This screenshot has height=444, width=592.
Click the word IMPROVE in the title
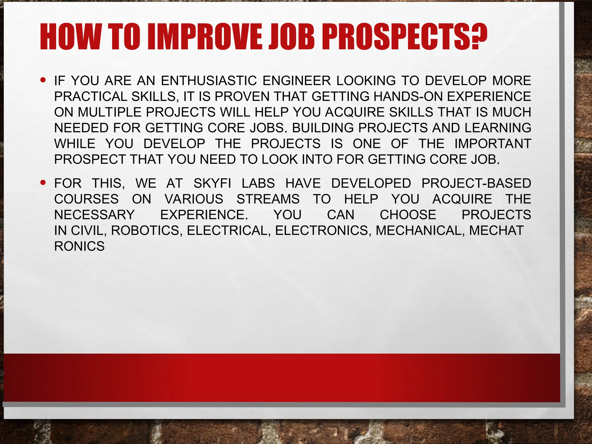click(206, 37)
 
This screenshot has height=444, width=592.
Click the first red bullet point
click(43, 79)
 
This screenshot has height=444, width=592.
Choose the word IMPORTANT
click(493, 144)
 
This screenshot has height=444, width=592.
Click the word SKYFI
click(212, 184)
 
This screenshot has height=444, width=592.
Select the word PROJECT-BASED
click(476, 184)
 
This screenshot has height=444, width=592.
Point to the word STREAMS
click(268, 199)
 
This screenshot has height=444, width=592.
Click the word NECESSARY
click(95, 215)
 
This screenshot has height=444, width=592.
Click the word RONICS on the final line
click(79, 247)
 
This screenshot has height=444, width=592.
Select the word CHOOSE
click(408, 215)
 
